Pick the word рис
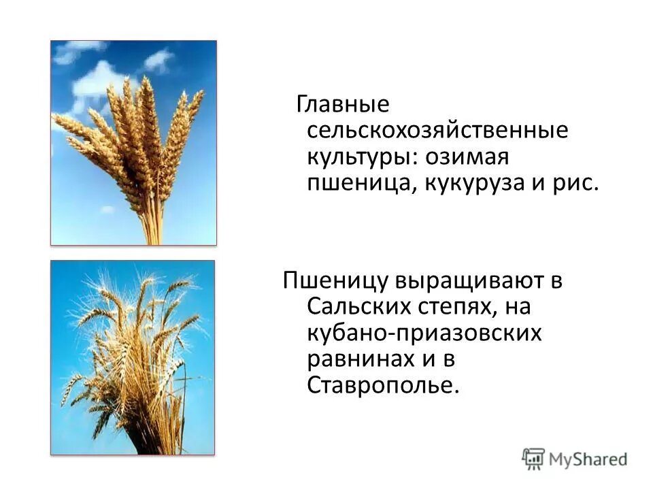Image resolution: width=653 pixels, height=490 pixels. click(577, 184)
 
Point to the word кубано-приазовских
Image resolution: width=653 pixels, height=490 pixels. click(424, 333)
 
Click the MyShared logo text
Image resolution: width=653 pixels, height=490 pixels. click(588, 459)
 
